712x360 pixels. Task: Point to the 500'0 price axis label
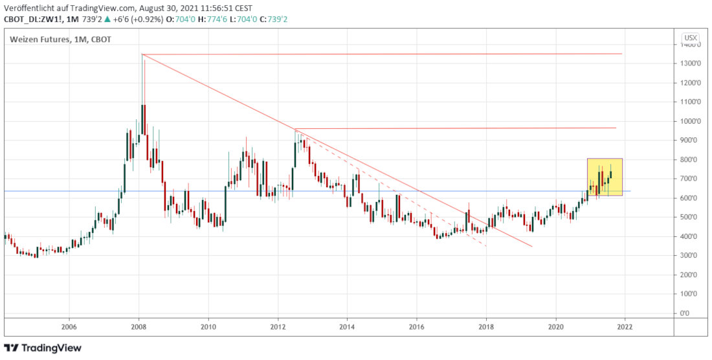click(x=689, y=217)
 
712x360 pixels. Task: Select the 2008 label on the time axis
click(x=139, y=327)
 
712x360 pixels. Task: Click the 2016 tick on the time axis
click(x=417, y=327)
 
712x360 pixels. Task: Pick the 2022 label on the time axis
click(x=625, y=327)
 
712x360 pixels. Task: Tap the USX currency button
click(x=691, y=38)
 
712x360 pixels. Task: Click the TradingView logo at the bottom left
click(x=43, y=348)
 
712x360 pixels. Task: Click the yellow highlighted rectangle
click(x=605, y=176)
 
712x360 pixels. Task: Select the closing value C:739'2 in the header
click(x=274, y=19)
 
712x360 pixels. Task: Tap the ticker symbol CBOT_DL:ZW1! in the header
click(x=30, y=19)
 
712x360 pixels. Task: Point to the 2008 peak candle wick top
click(x=142, y=54)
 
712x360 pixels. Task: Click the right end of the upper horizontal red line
click(x=621, y=54)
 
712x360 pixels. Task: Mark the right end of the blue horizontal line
click(x=630, y=191)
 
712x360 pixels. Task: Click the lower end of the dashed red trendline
click(x=486, y=246)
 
